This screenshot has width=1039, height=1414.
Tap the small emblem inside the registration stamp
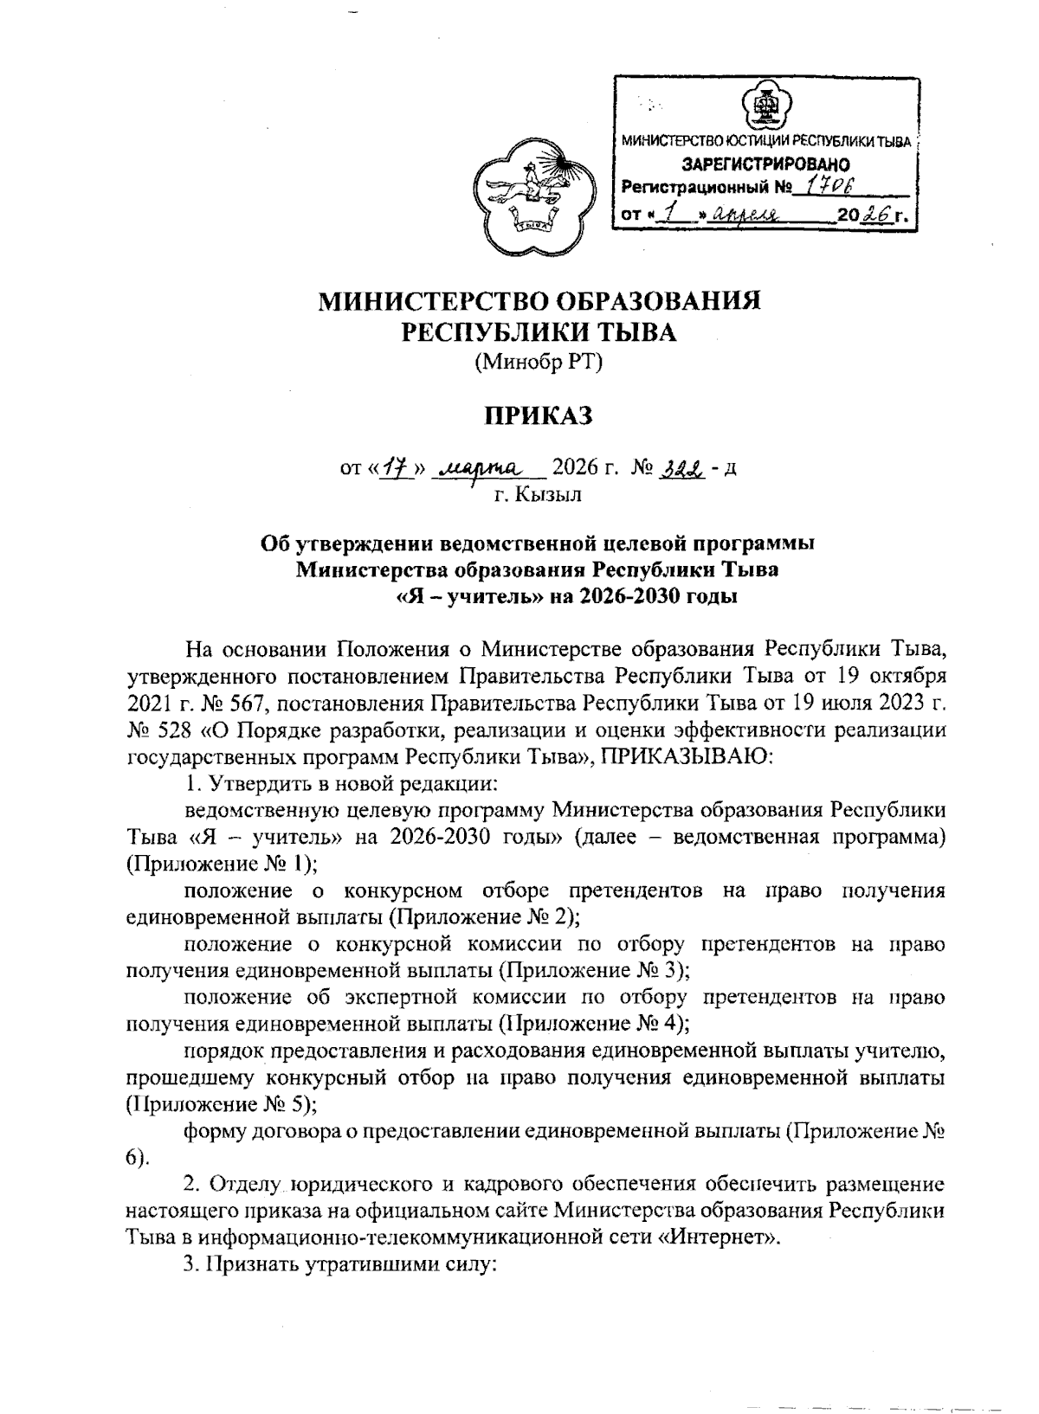click(765, 108)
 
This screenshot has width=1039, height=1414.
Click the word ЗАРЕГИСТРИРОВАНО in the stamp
click(765, 164)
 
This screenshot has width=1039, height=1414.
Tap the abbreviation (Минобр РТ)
click(537, 363)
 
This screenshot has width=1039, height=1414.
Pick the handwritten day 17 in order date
click(397, 468)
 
